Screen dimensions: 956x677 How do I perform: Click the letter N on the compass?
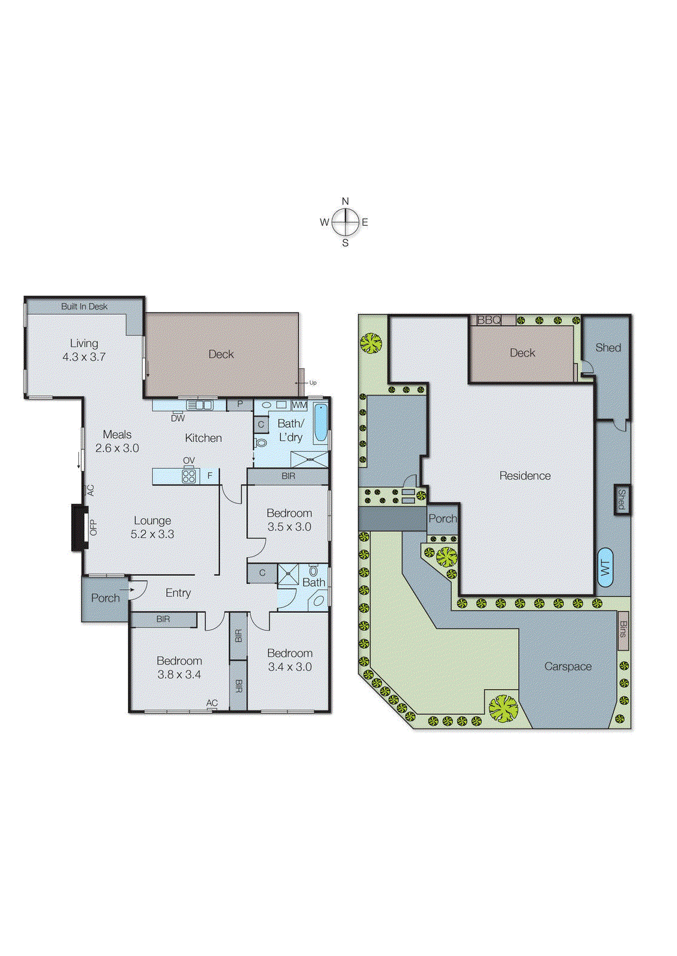click(x=345, y=201)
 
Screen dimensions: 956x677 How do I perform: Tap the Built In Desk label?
click(x=84, y=307)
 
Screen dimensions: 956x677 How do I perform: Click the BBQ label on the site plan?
click(x=489, y=320)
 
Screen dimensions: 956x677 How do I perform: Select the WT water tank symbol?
click(x=605, y=567)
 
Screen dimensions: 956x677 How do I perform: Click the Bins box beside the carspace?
click(x=623, y=630)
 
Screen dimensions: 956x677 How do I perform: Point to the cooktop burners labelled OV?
click(x=189, y=476)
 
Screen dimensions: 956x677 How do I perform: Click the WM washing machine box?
click(x=299, y=405)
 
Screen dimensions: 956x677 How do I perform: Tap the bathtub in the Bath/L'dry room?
click(x=321, y=423)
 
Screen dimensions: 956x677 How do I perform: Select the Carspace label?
click(x=568, y=666)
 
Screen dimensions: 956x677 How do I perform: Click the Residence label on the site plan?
click(x=525, y=476)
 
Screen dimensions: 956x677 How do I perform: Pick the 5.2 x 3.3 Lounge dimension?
click(x=152, y=534)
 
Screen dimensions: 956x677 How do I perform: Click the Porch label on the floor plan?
click(x=105, y=597)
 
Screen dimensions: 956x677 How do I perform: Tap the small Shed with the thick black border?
click(x=621, y=499)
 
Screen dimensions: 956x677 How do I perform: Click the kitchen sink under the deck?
click(x=200, y=405)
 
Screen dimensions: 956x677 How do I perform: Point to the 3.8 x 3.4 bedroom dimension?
click(x=179, y=675)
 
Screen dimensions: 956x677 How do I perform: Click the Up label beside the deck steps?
click(x=313, y=383)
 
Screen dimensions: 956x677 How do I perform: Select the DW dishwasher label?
click(x=178, y=418)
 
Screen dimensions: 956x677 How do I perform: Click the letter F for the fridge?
click(x=210, y=476)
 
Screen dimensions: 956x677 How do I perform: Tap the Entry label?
click(x=178, y=593)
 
